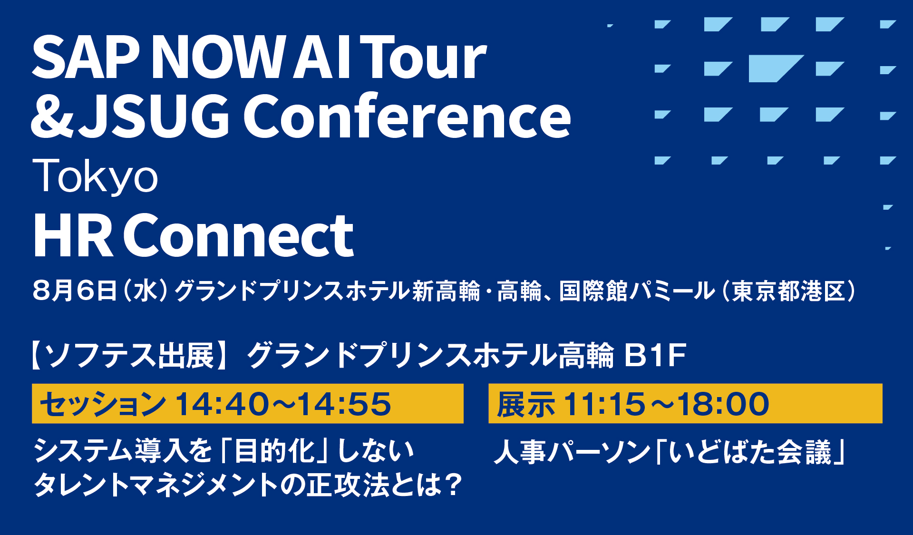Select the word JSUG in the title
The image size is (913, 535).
click(155, 116)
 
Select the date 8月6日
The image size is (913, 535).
click(75, 290)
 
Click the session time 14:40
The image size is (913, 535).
click(222, 404)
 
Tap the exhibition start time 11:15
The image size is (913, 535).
click(604, 404)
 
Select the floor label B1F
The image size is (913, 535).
click(655, 355)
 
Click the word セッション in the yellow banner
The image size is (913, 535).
click(103, 404)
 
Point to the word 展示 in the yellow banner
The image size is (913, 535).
click(525, 404)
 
